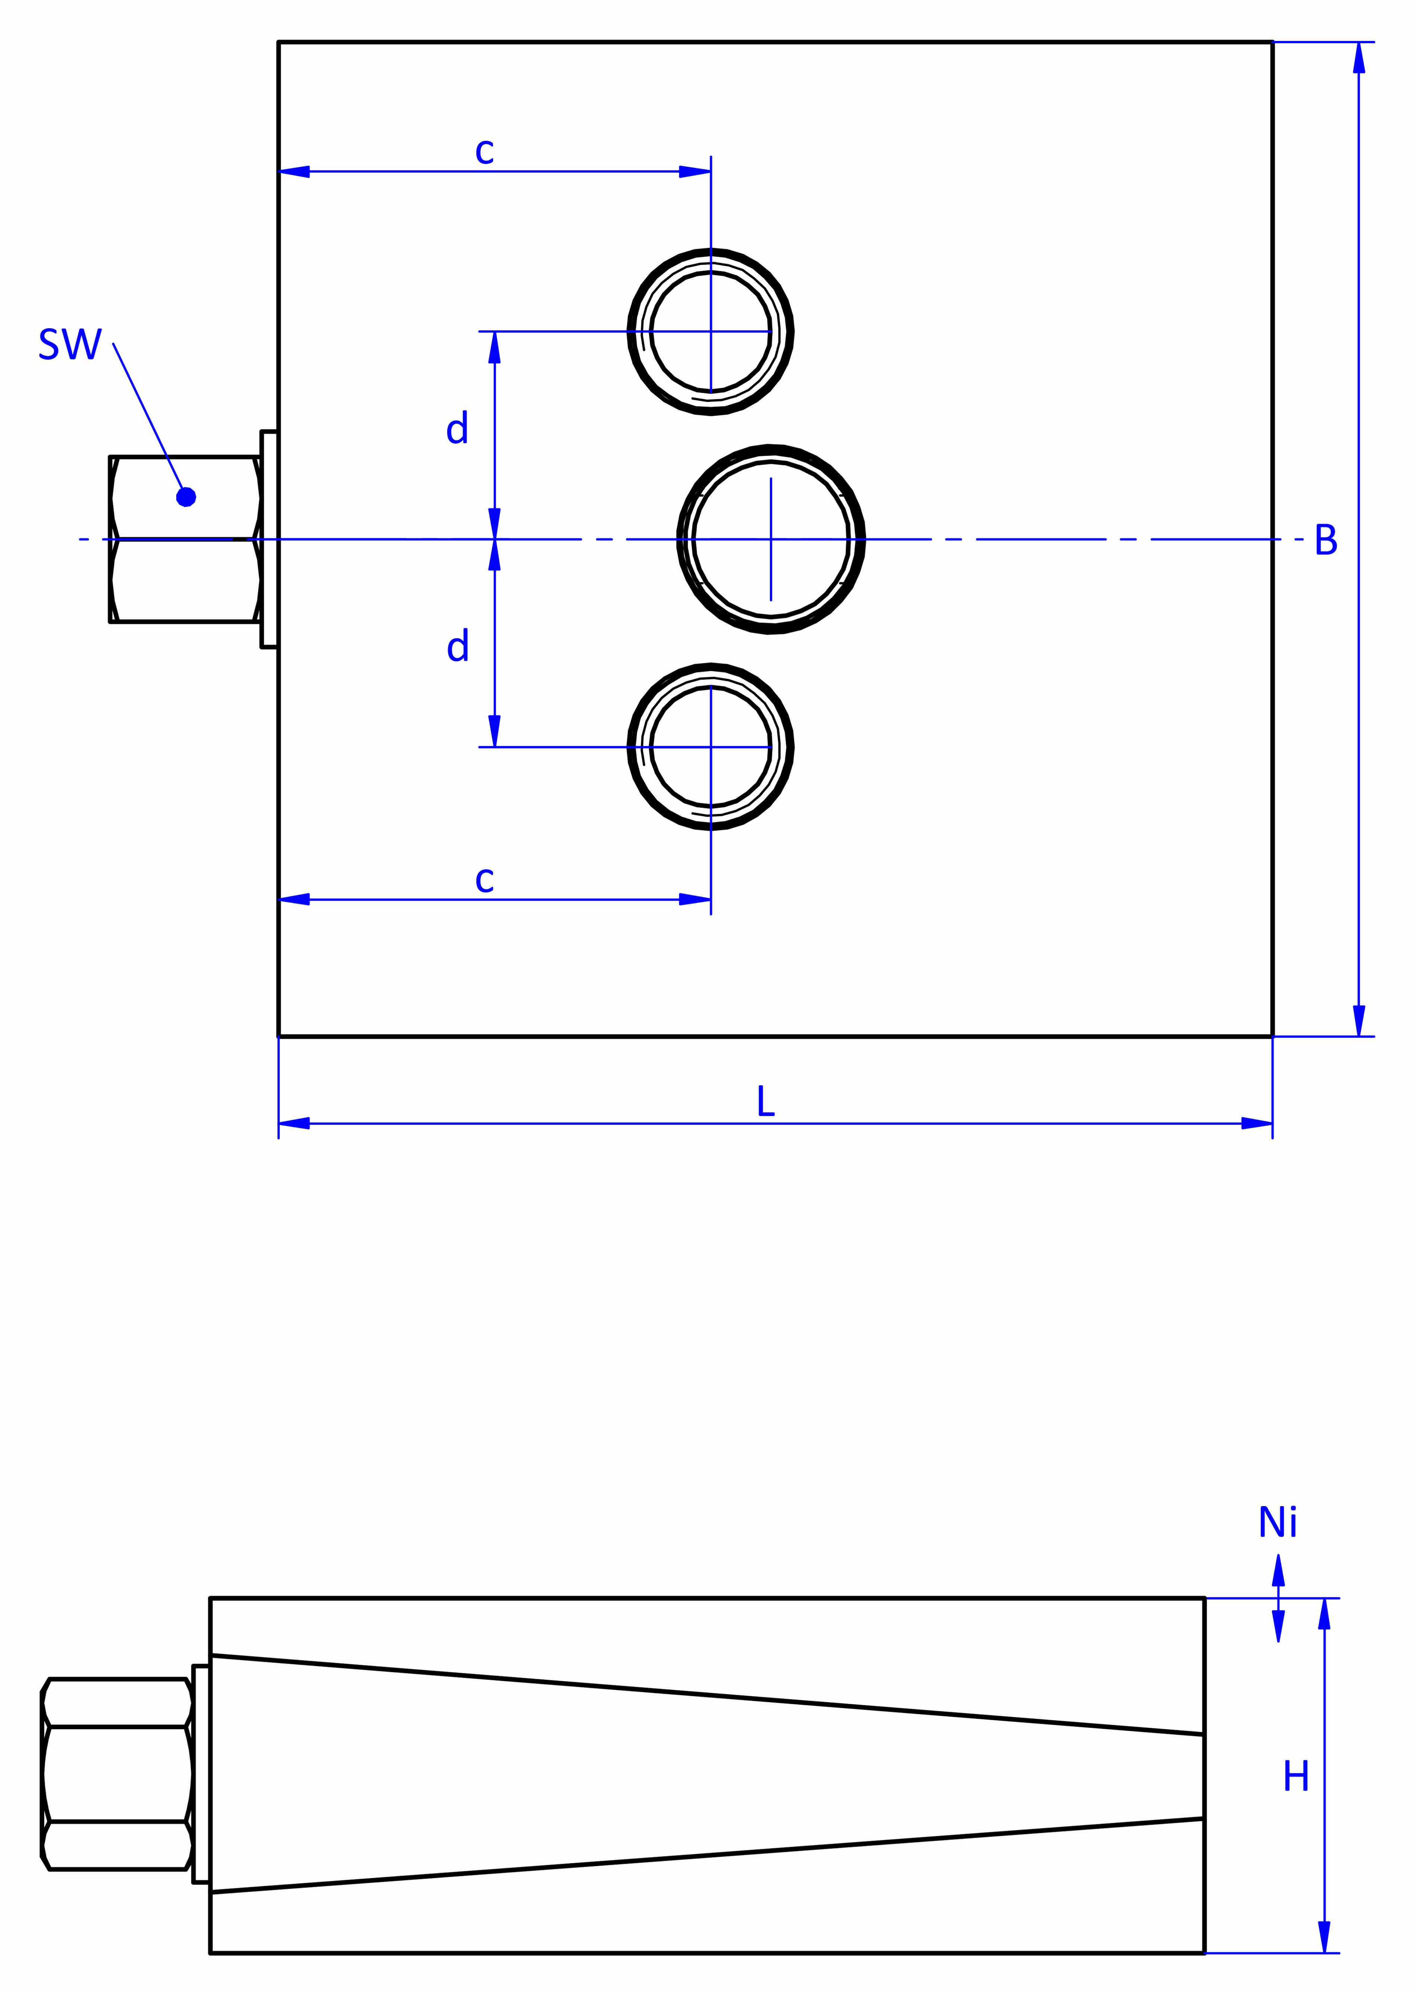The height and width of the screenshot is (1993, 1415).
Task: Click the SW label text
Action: pyautogui.click(x=70, y=345)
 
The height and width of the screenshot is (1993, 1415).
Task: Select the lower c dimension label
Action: pyautogui.click(x=484, y=880)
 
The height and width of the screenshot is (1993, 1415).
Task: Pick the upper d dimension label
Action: pyautogui.click(x=457, y=429)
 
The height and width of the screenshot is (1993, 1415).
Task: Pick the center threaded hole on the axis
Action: pyautogui.click(x=771, y=539)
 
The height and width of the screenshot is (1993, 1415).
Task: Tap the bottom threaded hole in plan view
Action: pyautogui.click(x=711, y=747)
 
